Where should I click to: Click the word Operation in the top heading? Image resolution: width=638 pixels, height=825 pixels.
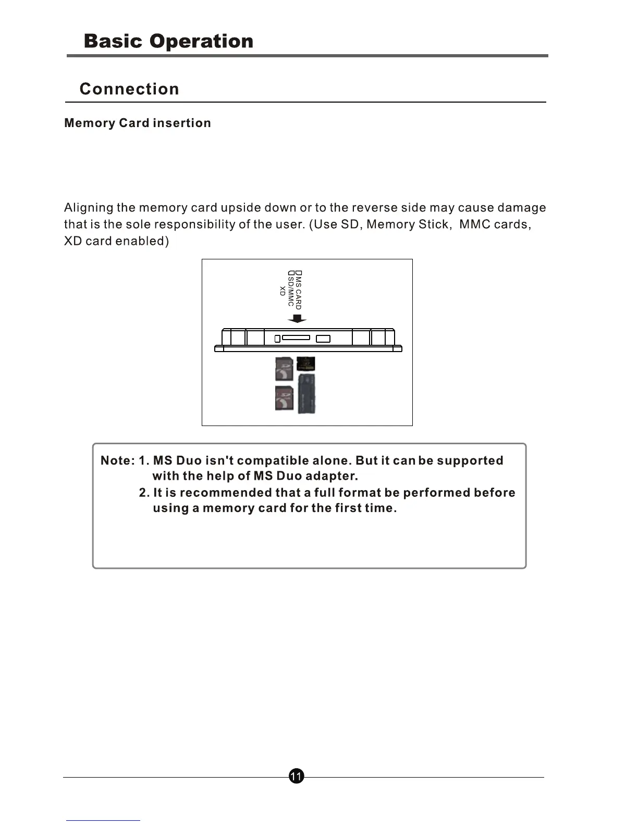click(201, 42)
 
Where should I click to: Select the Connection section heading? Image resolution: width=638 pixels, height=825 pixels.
click(129, 89)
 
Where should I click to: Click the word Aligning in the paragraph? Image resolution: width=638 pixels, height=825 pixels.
click(89, 208)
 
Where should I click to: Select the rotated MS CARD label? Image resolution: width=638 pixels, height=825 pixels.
click(298, 291)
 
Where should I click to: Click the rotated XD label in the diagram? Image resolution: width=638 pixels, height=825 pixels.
click(283, 291)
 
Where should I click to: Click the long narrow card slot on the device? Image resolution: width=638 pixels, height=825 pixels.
click(296, 337)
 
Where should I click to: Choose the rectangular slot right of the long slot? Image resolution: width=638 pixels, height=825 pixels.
click(323, 339)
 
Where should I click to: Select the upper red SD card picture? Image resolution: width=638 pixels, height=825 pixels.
click(284, 369)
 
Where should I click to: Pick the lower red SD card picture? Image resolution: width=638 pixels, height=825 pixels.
click(284, 398)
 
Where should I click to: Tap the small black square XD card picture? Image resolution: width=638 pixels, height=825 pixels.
click(306, 364)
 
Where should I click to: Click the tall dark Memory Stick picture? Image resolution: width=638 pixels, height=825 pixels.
click(306, 394)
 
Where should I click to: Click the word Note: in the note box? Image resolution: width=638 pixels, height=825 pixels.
click(118, 461)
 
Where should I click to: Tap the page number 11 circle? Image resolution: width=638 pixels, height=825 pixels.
click(296, 777)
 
